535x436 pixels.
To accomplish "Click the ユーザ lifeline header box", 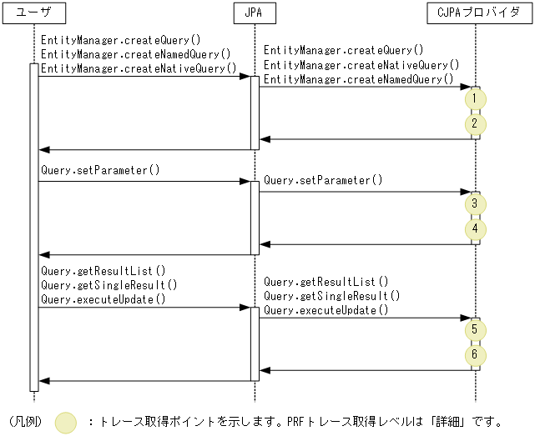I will click(33, 13).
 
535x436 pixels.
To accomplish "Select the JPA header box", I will click(255, 13).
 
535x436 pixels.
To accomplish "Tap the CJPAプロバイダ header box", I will click(477, 13).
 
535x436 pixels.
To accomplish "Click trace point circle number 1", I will click(474, 98).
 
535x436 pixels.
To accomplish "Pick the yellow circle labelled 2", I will click(474, 124).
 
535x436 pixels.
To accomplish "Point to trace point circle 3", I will click(474, 203).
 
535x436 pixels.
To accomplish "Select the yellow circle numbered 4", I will click(474, 228).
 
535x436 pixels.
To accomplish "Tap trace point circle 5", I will click(474, 330).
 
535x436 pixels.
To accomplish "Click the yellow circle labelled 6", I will click(474, 355).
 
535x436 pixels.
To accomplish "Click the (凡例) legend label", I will click(25, 422).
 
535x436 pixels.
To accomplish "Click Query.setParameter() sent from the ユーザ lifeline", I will click(99, 170).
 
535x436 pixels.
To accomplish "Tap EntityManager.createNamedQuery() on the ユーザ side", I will click(135, 54).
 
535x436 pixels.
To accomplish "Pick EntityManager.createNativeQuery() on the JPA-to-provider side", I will click(361, 65).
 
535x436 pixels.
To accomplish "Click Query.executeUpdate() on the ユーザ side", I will click(103, 298).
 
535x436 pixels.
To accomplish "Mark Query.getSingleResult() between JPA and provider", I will click(331, 296).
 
